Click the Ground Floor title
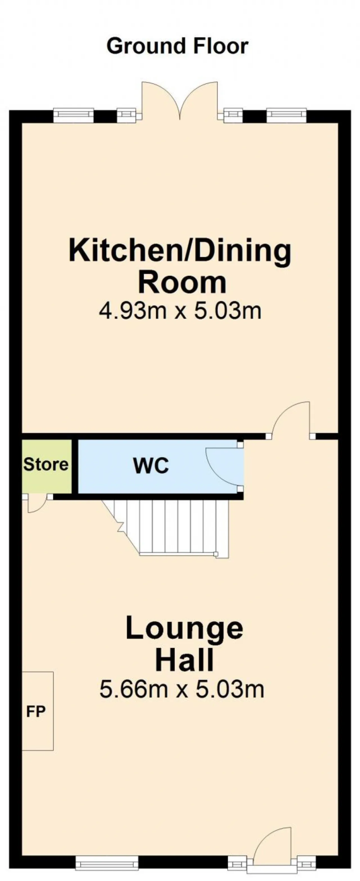[177, 46]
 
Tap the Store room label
[46, 464]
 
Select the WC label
[151, 466]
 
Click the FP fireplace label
[36, 712]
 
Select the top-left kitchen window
[73, 115]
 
